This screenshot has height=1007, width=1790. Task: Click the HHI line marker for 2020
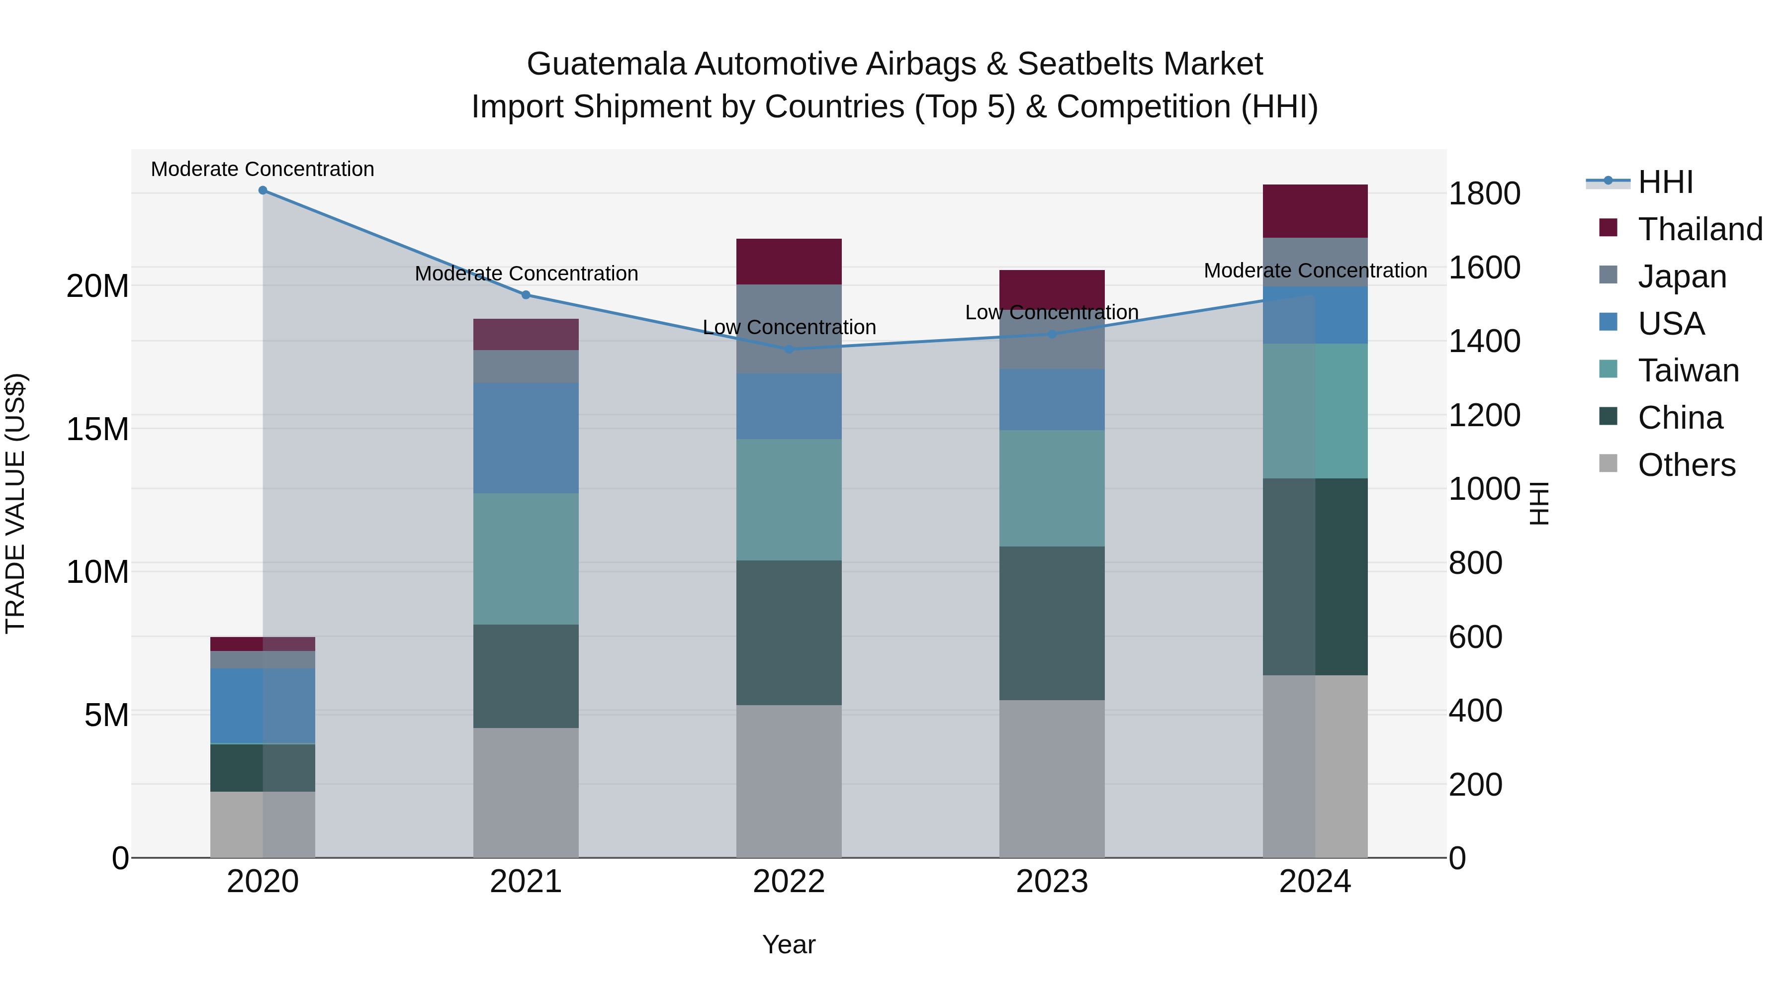[x=263, y=190]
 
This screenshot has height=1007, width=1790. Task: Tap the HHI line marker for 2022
[x=789, y=350]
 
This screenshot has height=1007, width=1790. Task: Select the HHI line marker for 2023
[x=1052, y=334]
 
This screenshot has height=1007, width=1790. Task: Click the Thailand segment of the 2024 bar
[x=1315, y=211]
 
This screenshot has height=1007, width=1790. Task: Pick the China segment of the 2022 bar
[x=789, y=633]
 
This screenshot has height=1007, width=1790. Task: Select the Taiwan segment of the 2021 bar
[x=526, y=559]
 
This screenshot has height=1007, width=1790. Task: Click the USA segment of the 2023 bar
[x=1052, y=400]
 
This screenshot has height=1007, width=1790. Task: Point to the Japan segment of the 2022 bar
[x=789, y=329]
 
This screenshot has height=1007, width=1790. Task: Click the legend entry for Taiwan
[x=1688, y=370]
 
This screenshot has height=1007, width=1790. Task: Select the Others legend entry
[x=1687, y=465]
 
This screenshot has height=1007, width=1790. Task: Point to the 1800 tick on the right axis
[x=1484, y=194]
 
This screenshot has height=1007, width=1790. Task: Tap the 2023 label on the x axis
[x=1052, y=882]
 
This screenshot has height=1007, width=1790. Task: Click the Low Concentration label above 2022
[x=789, y=327]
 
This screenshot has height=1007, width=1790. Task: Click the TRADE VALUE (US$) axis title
[x=15, y=503]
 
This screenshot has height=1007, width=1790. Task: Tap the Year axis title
[x=789, y=944]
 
